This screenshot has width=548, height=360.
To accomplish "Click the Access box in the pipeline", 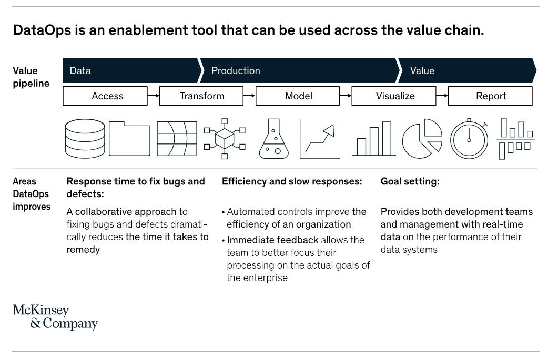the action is pyautogui.click(x=105, y=96).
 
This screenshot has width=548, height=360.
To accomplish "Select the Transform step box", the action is pyautogui.click(x=201, y=96).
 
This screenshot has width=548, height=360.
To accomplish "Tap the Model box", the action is pyautogui.click(x=298, y=96).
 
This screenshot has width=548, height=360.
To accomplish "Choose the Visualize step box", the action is pyautogui.click(x=394, y=96).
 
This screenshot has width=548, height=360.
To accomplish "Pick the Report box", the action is pyautogui.click(x=490, y=96).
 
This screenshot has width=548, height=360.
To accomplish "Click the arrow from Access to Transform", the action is pyautogui.click(x=154, y=96).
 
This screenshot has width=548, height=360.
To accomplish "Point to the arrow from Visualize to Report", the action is pyautogui.click(x=442, y=96).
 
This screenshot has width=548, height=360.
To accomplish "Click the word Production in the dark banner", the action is pyautogui.click(x=236, y=71).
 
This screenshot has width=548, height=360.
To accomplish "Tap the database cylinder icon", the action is pyautogui.click(x=85, y=139).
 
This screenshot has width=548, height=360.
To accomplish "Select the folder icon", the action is pyautogui.click(x=129, y=139).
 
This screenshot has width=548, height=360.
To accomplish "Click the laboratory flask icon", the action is pyautogui.click(x=274, y=139).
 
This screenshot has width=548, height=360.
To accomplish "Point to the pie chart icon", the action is pyautogui.click(x=422, y=139).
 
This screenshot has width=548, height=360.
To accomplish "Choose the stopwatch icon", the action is pyautogui.click(x=469, y=139).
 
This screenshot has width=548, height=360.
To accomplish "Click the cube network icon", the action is pyautogui.click(x=225, y=139).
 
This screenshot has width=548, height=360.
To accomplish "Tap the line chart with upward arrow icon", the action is pyautogui.click(x=320, y=139).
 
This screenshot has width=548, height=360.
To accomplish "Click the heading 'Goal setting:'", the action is pyautogui.click(x=410, y=181).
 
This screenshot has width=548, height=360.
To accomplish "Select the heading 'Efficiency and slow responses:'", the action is pyautogui.click(x=292, y=181).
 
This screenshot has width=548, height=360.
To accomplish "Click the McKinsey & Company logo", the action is pyautogui.click(x=55, y=317).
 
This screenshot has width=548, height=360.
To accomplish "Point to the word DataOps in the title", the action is pyautogui.click(x=41, y=30).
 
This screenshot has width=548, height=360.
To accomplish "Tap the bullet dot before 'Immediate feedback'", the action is pyautogui.click(x=224, y=241).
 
